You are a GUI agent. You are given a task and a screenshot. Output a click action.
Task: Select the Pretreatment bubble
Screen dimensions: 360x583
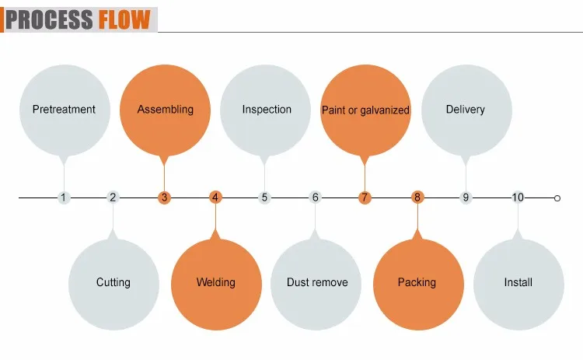tap(64, 110)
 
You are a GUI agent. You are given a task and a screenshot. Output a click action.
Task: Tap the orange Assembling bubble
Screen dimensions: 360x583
tap(165, 110)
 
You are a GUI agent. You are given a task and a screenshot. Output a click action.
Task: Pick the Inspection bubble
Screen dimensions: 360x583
tap(266, 110)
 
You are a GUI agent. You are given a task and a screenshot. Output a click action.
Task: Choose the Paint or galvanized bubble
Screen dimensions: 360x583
tap(365, 110)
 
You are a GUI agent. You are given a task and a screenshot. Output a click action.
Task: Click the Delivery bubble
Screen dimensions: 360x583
tap(466, 110)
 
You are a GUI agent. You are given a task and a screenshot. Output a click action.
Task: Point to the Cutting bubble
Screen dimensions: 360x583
tap(113, 282)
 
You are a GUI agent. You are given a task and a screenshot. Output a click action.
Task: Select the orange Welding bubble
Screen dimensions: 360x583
tap(215, 282)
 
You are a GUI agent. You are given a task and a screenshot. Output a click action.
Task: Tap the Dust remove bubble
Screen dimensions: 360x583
tap(316, 282)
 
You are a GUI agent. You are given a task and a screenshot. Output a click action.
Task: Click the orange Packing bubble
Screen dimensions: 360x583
tap(417, 282)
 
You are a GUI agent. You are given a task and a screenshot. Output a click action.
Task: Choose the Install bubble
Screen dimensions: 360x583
tap(518, 282)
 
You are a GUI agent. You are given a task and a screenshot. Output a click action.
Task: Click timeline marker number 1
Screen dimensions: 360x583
tap(64, 197)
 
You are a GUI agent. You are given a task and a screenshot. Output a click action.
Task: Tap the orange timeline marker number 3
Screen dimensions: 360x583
tap(164, 197)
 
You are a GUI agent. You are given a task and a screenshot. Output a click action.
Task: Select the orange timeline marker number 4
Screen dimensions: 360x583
tap(215, 197)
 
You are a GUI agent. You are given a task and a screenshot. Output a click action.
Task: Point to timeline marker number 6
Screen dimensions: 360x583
tap(316, 197)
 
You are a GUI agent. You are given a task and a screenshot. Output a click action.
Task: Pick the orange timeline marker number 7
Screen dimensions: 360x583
tap(365, 197)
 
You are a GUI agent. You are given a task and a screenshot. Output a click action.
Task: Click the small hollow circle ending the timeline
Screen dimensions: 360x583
tap(557, 198)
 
